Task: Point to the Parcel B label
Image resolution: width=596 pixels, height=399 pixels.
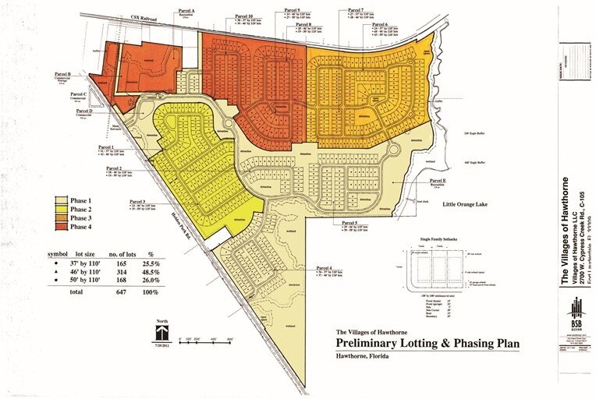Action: [59, 75]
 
